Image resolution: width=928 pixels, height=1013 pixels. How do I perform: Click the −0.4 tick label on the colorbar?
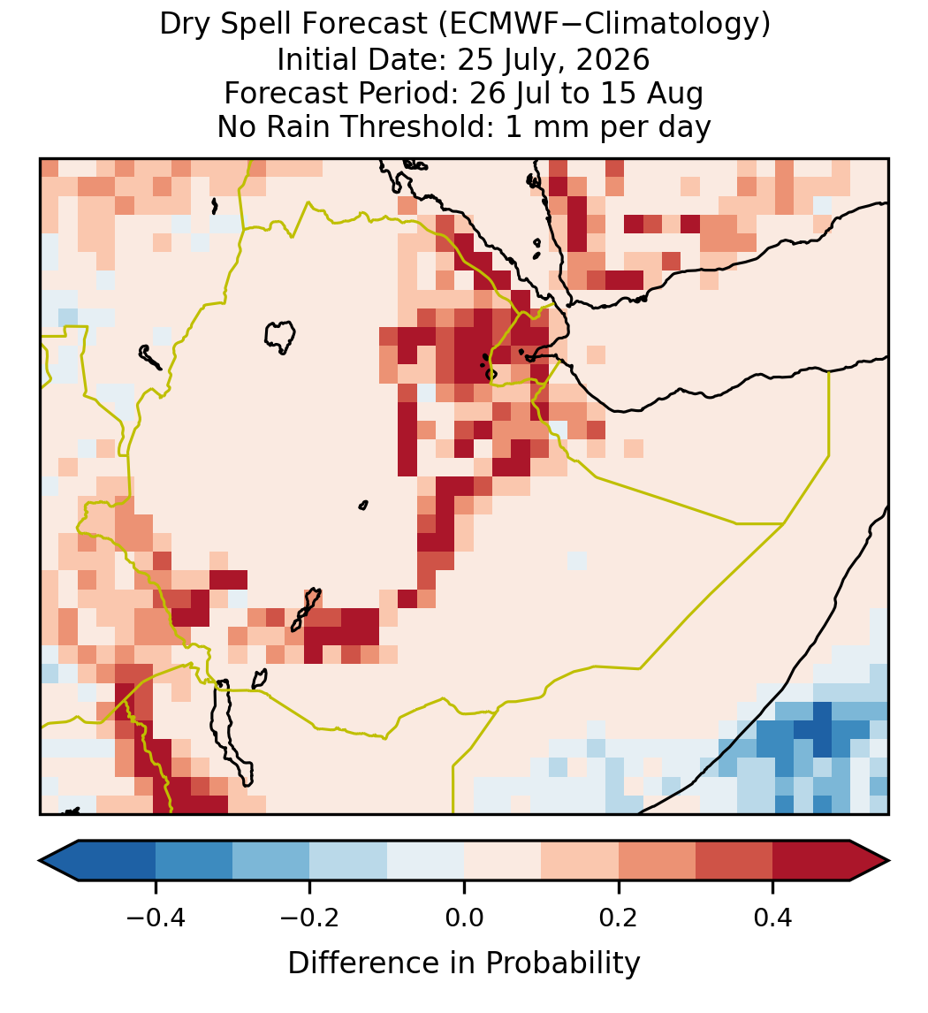click(x=155, y=918)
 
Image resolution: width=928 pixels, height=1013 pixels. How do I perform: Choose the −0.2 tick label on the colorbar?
click(x=309, y=918)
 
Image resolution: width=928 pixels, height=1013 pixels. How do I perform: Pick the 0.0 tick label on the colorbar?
click(x=464, y=918)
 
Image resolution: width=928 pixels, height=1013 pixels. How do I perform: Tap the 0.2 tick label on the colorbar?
click(x=619, y=918)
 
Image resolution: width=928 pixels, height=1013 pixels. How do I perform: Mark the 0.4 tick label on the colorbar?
click(x=773, y=918)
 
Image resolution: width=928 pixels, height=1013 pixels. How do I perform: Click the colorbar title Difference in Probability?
click(x=464, y=963)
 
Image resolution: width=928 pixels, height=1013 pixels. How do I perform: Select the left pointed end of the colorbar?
click(x=40, y=861)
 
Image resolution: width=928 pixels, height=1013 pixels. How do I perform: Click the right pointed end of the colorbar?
click(x=888, y=861)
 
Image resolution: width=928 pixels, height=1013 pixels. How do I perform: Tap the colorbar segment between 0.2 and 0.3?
click(x=658, y=861)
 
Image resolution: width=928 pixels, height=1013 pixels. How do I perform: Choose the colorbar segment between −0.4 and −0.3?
click(x=194, y=861)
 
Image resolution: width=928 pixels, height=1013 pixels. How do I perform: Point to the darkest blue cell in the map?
click(x=822, y=730)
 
